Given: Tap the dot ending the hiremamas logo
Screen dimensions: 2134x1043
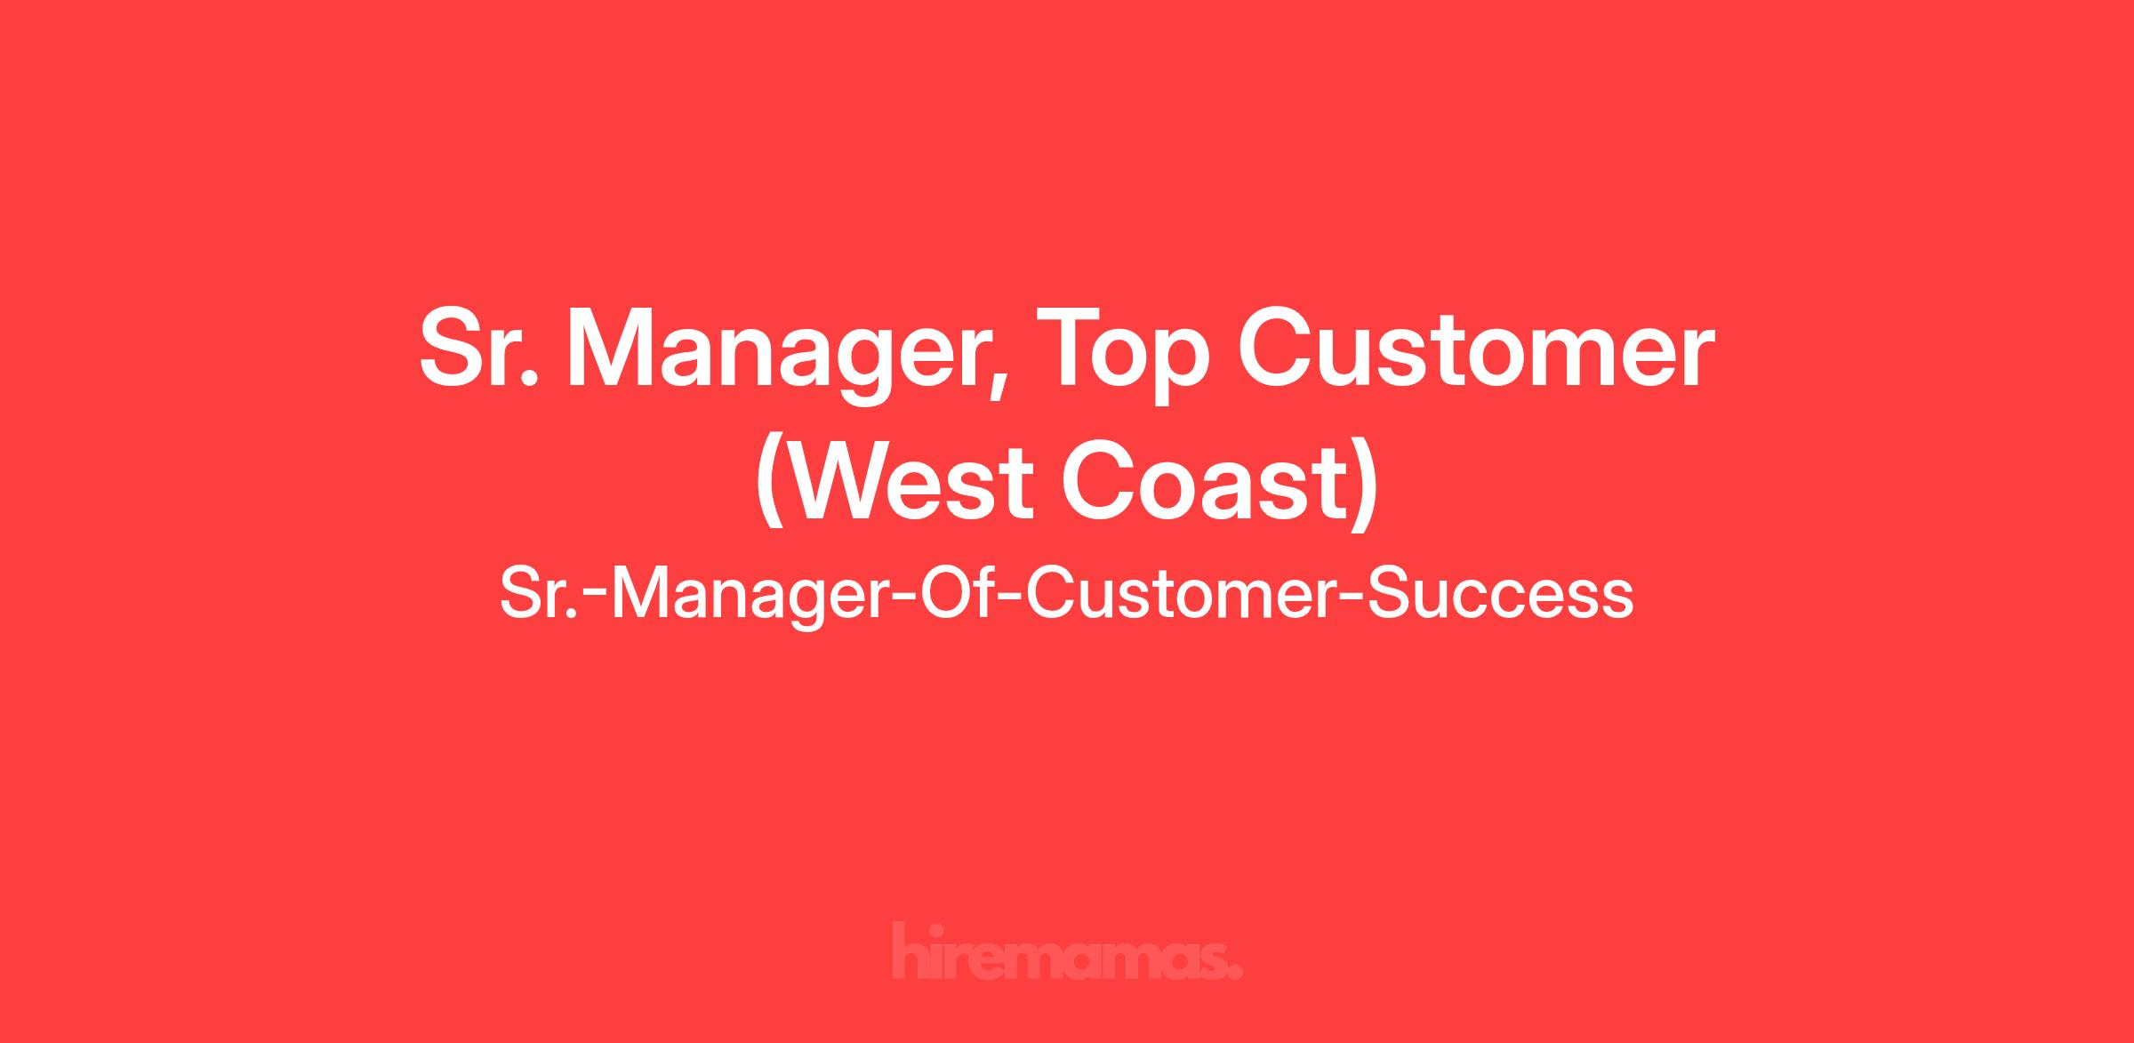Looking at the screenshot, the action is pos(1235,971).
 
